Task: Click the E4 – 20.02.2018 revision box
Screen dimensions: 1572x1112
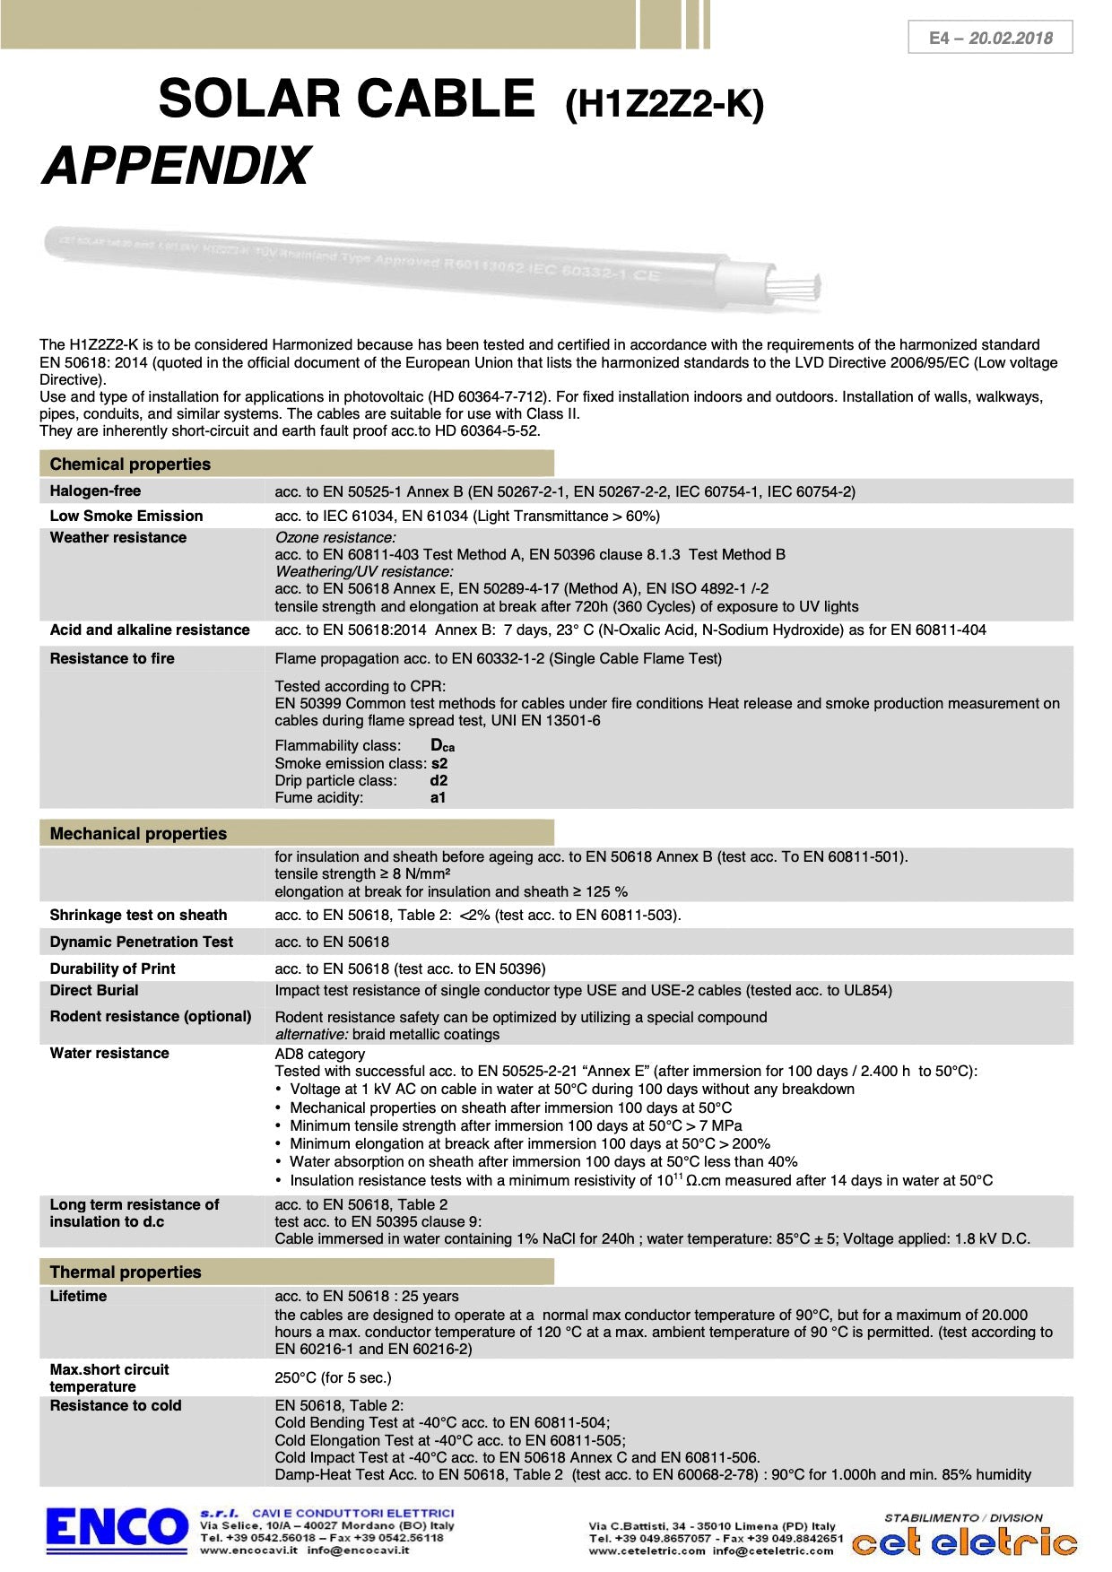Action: coord(990,38)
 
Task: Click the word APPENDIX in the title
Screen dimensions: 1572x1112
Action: coord(176,166)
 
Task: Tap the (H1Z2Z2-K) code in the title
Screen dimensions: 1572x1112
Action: coord(665,105)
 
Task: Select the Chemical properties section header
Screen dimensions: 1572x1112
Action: coord(130,464)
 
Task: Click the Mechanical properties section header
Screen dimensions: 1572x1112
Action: coord(138,833)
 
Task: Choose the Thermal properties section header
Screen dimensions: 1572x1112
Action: coord(126,1272)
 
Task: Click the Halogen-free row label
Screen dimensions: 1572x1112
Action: coord(95,491)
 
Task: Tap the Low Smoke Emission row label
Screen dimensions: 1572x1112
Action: coord(126,516)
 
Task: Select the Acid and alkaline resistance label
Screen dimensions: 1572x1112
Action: coord(150,630)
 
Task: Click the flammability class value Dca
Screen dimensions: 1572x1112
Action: coord(442,745)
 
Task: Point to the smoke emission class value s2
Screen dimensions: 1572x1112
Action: coord(439,763)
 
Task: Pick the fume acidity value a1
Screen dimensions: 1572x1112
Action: coord(438,797)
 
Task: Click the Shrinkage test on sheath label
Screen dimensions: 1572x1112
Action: coord(138,915)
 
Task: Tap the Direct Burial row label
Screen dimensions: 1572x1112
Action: coord(94,990)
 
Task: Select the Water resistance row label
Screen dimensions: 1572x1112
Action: coord(109,1053)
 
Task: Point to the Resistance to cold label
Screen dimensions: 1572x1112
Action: coord(116,1405)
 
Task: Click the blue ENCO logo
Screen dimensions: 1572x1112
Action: coord(117,1527)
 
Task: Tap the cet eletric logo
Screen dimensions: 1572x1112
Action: coord(964,1542)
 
